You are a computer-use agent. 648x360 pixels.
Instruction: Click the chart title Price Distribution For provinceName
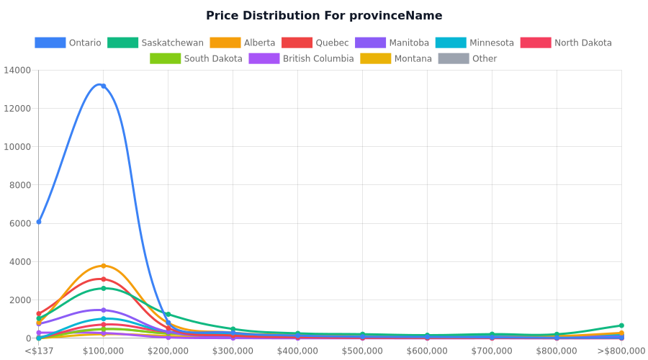coord(324,16)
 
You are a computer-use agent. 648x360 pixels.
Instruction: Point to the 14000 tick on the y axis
coord(17,70)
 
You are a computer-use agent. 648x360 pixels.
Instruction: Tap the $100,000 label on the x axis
coord(103,351)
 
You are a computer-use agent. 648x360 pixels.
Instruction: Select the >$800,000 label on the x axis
coord(621,351)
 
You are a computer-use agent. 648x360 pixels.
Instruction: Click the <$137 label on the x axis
coord(39,351)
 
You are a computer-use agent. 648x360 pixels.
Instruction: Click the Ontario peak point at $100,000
coord(103,86)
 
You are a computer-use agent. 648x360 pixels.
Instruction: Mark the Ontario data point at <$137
coord(39,222)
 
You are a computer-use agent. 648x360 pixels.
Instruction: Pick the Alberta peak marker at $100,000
coord(103,266)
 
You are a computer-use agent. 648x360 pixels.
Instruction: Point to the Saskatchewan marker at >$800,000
coord(621,325)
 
